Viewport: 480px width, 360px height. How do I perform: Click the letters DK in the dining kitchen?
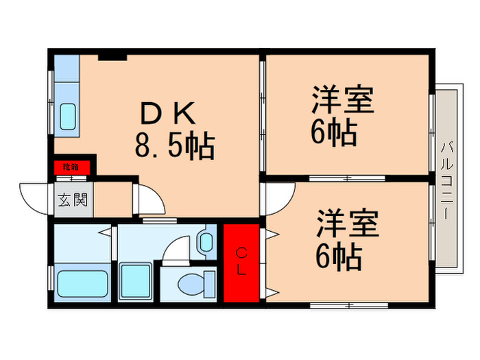[x=168, y=112]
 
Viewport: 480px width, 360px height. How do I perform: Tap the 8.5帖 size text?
[x=174, y=146]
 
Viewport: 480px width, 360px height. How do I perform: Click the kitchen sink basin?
[x=68, y=116]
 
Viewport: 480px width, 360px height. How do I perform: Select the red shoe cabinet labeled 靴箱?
[x=71, y=166]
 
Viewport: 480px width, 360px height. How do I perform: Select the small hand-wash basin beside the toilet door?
[x=206, y=241]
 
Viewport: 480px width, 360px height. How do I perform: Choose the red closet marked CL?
[x=241, y=263]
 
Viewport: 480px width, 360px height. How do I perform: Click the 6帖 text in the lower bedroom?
[x=339, y=256]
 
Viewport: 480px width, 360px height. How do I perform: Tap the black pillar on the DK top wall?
[x=112, y=56]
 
